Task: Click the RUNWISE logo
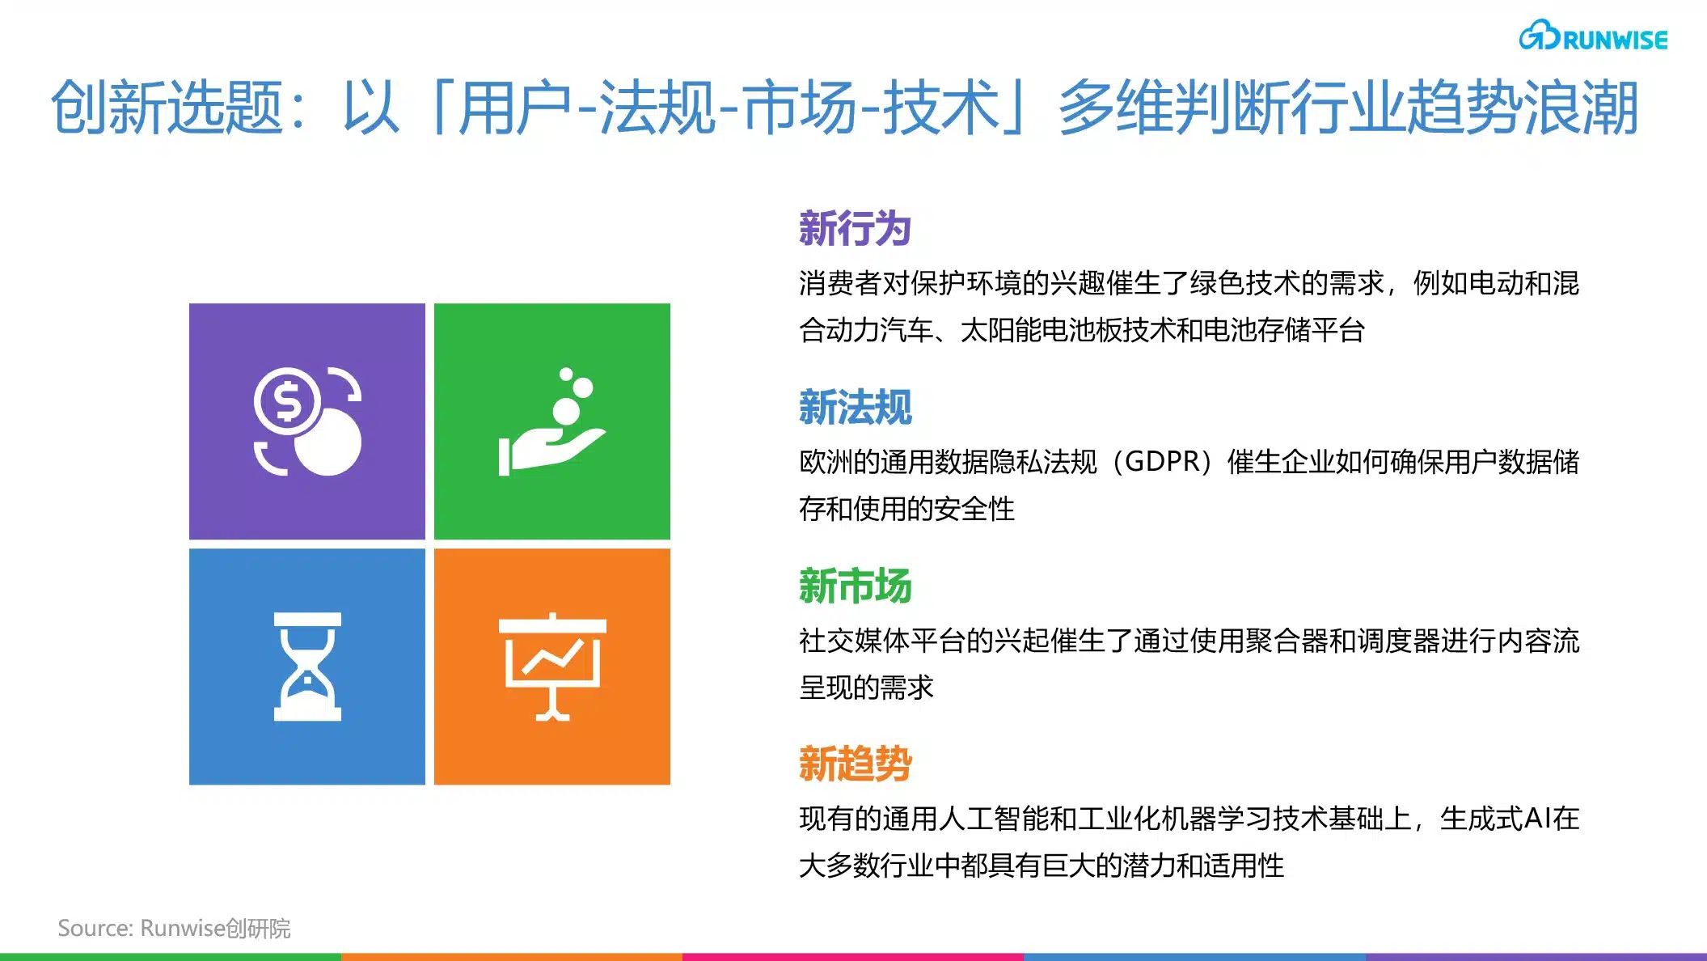coord(1593,36)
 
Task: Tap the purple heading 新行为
coord(855,228)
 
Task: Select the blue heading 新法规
coord(855,407)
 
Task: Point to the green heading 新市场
coord(855,586)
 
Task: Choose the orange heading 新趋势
coord(855,764)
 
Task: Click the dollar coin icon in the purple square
coord(307,421)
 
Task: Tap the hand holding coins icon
coord(552,421)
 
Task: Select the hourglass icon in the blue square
coord(307,667)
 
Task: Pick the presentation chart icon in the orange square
coord(552,667)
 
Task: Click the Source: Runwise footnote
coord(174,928)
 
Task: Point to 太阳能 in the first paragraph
coord(1000,330)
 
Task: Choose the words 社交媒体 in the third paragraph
coord(854,641)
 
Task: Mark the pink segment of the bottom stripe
coord(853,957)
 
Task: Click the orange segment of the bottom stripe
coord(512,957)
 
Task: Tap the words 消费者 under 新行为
coord(840,283)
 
